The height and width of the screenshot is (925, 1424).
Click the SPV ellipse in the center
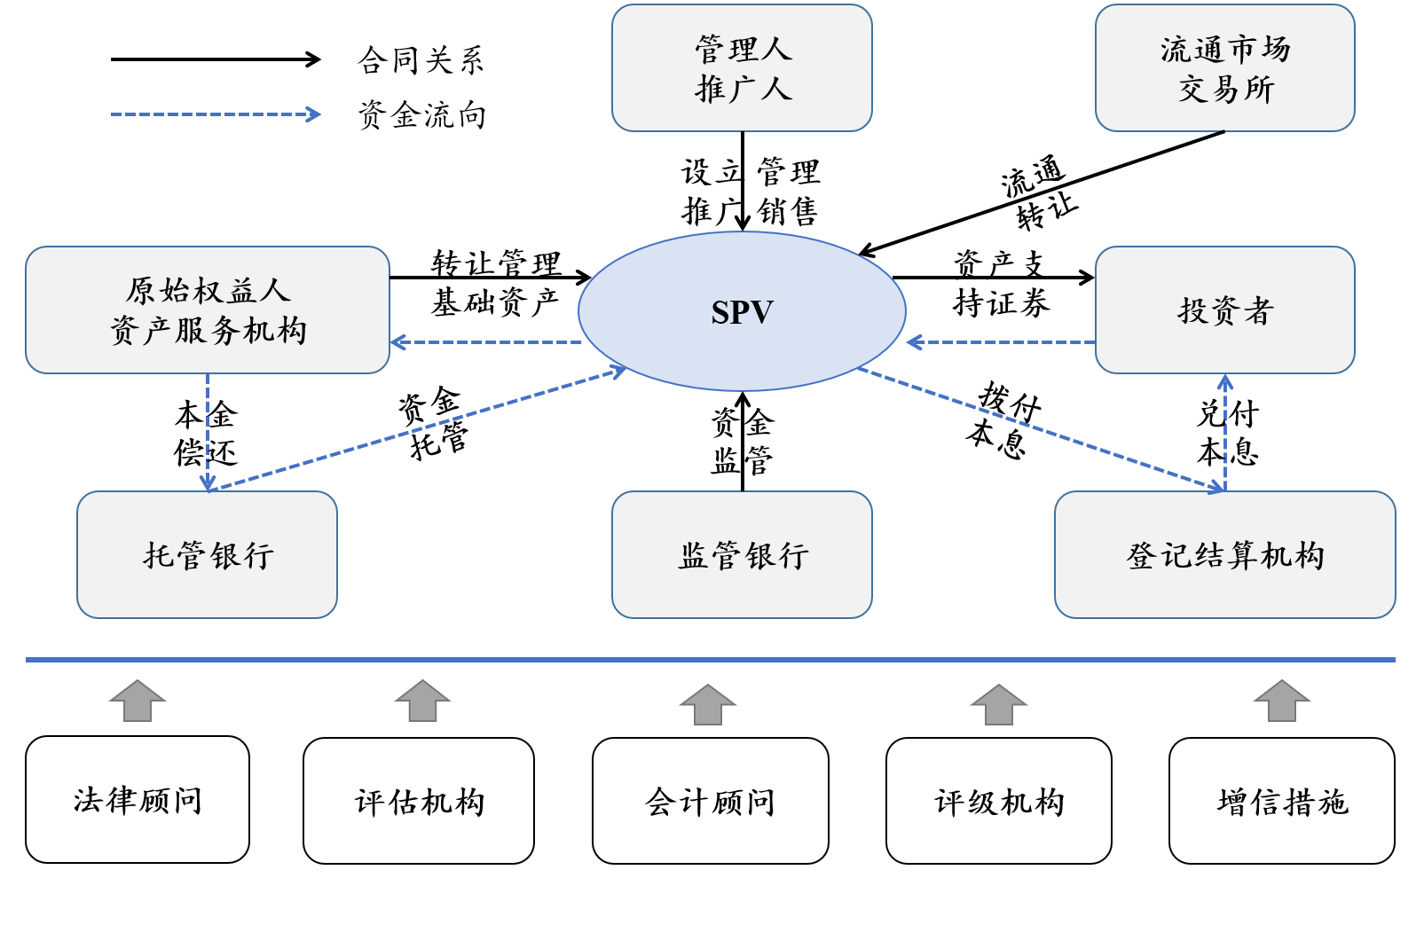coord(742,311)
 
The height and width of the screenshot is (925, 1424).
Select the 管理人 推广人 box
coord(742,68)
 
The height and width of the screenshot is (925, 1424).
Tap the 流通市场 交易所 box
coord(1224,68)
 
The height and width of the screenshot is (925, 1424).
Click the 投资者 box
coord(1224,310)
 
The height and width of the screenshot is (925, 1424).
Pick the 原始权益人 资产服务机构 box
coord(208,310)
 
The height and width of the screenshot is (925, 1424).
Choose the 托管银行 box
coord(208,555)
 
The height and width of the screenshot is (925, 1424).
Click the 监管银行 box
coord(742,555)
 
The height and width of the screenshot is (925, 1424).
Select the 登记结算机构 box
coord(1224,555)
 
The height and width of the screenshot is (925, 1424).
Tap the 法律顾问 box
coord(138,800)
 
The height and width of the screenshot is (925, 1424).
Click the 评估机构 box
coord(419,802)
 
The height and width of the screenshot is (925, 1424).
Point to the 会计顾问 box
coord(710,802)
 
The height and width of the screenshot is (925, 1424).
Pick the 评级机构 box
coord(999,802)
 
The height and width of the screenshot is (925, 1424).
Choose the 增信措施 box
coord(1282,802)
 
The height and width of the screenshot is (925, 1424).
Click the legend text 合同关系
coord(421,60)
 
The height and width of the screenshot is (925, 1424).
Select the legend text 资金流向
coord(421,115)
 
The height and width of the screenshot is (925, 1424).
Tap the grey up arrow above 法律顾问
coord(138,702)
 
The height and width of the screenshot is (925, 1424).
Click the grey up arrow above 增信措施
coord(1282,702)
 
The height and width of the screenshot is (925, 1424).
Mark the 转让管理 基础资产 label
coord(495,283)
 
